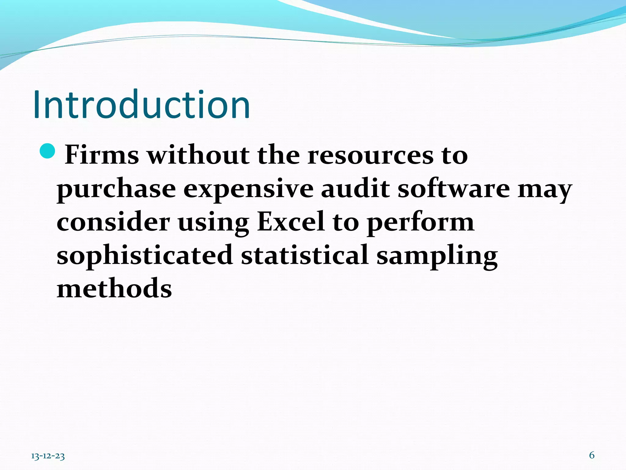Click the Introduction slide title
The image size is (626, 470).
point(142,105)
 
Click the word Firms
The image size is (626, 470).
point(102,155)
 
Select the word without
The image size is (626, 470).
point(198,155)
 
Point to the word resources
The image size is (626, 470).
point(370,155)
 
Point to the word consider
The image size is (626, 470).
point(113,222)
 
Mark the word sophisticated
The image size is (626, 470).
point(145,256)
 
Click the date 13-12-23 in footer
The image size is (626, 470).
point(48,456)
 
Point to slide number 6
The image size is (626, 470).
point(592,455)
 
